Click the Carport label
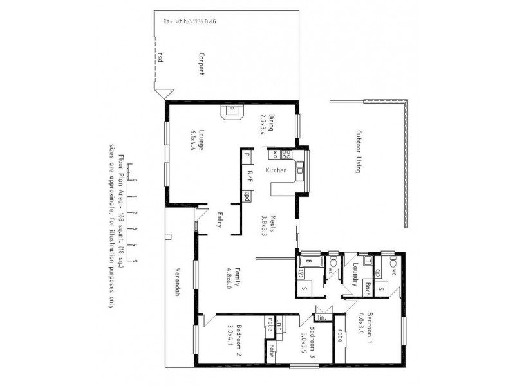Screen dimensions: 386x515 click(x=201, y=64)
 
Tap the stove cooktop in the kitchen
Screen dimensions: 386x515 click(x=286, y=154)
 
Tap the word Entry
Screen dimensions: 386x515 click(x=220, y=220)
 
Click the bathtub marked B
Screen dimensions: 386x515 click(x=308, y=261)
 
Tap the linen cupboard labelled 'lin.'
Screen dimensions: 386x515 click(x=321, y=317)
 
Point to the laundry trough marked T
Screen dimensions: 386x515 click(x=367, y=261)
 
